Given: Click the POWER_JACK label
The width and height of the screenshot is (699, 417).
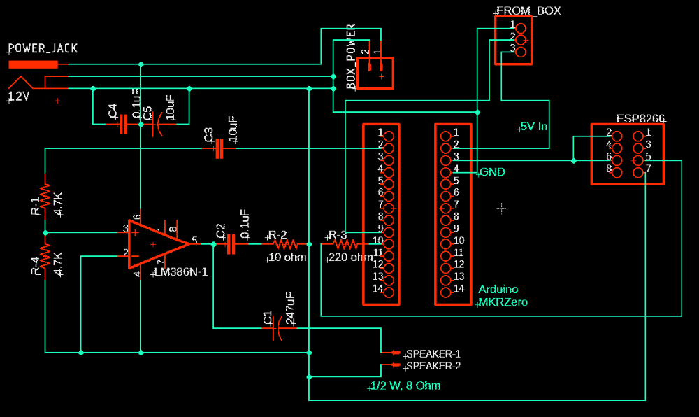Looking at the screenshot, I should (x=43, y=48).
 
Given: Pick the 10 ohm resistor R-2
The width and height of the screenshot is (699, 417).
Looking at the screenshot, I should (x=285, y=244).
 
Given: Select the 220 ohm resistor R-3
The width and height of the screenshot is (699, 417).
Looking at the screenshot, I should (x=344, y=244).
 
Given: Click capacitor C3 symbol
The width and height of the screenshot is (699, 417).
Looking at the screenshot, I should (x=218, y=148).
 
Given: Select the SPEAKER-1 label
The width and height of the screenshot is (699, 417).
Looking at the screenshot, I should (x=433, y=353).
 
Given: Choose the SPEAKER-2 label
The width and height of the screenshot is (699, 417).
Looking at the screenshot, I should (x=433, y=366).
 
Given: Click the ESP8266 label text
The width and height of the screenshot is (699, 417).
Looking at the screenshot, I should (x=640, y=119).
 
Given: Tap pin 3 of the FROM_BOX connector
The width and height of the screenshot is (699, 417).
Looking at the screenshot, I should (x=520, y=49).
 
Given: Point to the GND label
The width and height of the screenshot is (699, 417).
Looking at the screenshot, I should (x=492, y=172).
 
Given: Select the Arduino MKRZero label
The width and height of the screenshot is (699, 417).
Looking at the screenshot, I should (x=502, y=296).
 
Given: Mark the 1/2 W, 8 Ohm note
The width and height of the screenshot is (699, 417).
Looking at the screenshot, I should (x=405, y=386).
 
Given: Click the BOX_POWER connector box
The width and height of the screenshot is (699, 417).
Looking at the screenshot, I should (x=375, y=73).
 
